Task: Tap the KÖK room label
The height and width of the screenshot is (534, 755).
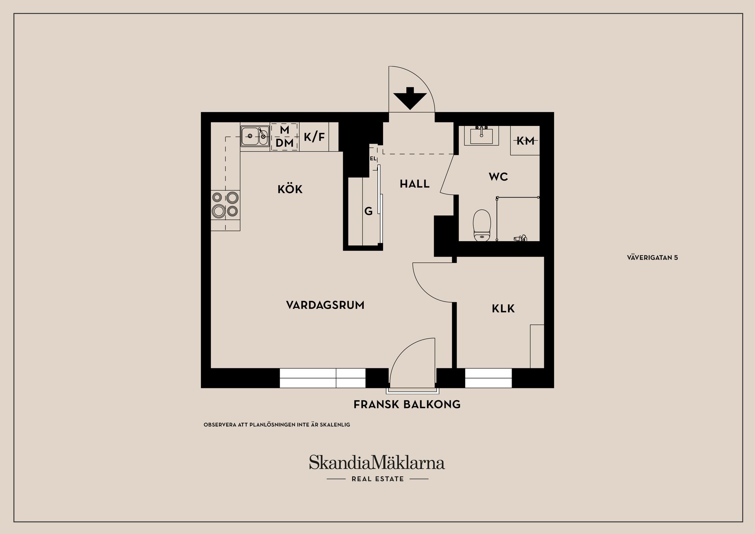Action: [x=290, y=189]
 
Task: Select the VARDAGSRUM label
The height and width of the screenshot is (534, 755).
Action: [x=325, y=305]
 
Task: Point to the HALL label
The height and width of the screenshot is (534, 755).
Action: [x=414, y=184]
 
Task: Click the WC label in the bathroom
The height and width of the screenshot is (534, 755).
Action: [x=498, y=177]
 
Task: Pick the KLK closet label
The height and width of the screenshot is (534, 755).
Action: [x=503, y=309]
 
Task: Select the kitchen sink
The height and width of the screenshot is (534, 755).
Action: [x=254, y=137]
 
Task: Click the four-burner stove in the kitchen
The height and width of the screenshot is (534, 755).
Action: [x=225, y=205]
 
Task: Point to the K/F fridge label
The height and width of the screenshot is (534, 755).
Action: [x=314, y=137]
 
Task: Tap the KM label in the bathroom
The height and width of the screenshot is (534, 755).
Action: [x=525, y=140]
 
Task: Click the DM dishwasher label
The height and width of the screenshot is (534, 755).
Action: [x=284, y=143]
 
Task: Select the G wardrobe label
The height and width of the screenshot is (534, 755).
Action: [x=368, y=212]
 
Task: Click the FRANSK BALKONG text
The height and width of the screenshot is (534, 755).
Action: [x=407, y=405]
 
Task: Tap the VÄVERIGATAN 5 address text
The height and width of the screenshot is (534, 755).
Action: [x=652, y=258]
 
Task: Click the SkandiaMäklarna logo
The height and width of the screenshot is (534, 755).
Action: [x=377, y=463]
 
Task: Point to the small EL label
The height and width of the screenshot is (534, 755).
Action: [x=373, y=159]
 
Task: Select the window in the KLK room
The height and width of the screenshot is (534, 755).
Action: [x=488, y=378]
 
